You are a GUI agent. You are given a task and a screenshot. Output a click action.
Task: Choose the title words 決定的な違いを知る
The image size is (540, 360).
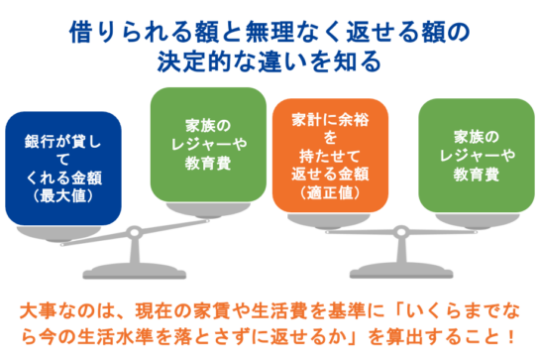click(x=270, y=61)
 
